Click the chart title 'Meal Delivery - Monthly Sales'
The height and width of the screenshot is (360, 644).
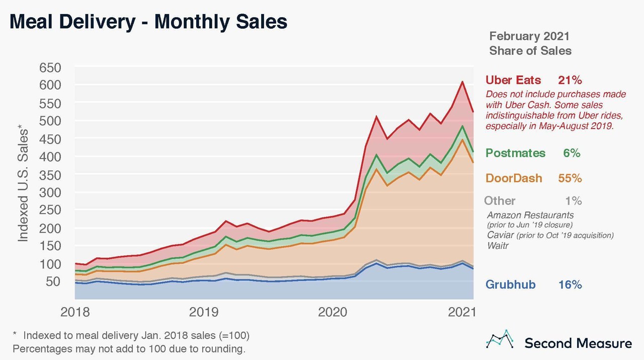pyautogui.click(x=148, y=22)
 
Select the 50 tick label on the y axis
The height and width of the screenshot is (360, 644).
pyautogui.click(x=53, y=282)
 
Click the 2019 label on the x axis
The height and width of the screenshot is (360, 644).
pyautogui.click(x=204, y=312)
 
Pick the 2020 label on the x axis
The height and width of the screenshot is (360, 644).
pyautogui.click(x=333, y=312)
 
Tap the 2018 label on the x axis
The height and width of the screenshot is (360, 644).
pyautogui.click(x=75, y=312)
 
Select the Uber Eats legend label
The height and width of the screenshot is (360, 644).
pyautogui.click(x=513, y=80)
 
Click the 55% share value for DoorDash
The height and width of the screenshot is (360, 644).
pyautogui.click(x=570, y=178)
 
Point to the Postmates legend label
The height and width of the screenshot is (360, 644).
pyautogui.click(x=515, y=153)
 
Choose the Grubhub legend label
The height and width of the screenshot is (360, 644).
pyautogui.click(x=510, y=284)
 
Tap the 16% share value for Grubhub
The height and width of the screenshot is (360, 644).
pyautogui.click(x=570, y=284)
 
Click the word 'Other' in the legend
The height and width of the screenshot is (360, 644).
pyautogui.click(x=499, y=201)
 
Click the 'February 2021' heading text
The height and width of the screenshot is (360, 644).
pyautogui.click(x=529, y=36)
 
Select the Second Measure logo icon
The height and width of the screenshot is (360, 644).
pyautogui.click(x=499, y=340)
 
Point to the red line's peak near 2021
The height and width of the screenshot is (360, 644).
pyautogui.click(x=462, y=82)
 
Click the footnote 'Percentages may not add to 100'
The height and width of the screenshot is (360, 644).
pyautogui.click(x=129, y=348)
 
